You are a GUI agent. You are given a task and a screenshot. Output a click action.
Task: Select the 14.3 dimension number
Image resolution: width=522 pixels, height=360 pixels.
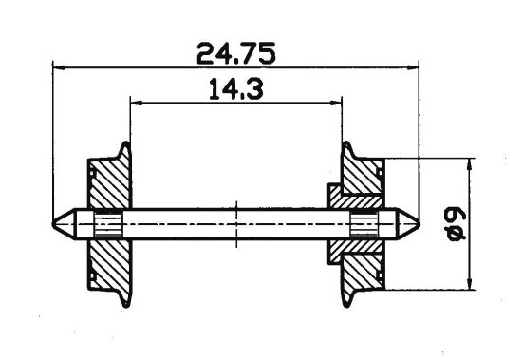(x=233, y=90)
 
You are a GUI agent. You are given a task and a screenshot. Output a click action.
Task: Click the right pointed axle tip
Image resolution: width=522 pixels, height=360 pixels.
(x=410, y=225)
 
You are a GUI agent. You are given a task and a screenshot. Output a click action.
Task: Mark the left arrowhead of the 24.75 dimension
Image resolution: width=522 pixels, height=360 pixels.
(x=58, y=67)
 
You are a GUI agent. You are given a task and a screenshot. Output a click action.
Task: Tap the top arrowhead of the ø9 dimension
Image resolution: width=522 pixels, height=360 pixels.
(x=469, y=164)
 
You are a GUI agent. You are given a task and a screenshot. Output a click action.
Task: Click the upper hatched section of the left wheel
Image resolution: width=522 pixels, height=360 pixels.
(x=104, y=186)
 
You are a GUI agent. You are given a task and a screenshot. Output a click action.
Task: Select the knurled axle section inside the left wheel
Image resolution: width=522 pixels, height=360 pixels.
(x=109, y=225)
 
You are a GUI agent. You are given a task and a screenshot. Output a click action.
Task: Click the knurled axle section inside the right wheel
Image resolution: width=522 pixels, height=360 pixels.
(x=360, y=225)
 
